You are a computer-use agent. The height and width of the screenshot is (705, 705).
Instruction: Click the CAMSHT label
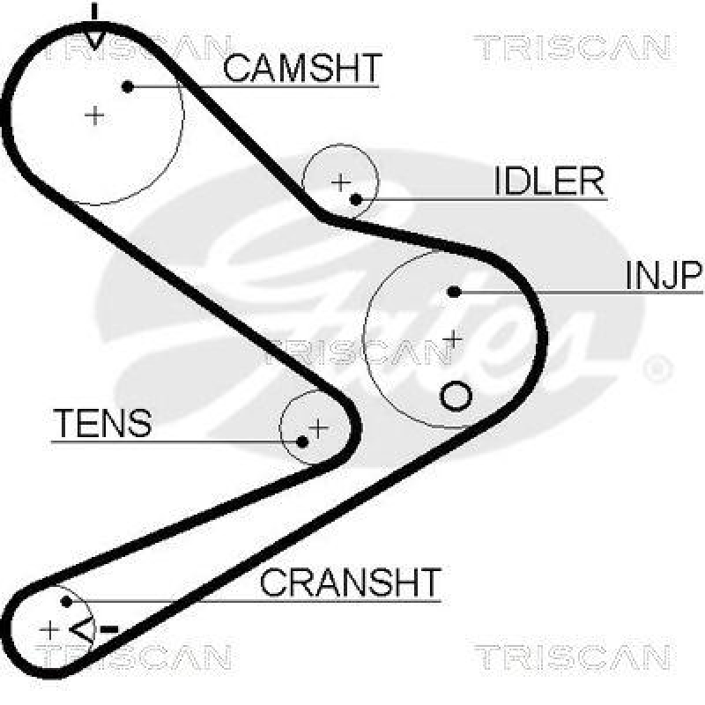[x=302, y=68]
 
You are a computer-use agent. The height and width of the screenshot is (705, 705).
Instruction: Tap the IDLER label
[x=548, y=182]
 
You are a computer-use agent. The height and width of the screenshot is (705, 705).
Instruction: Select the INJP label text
[x=663, y=276]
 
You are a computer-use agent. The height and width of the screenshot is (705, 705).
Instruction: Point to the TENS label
[x=102, y=423]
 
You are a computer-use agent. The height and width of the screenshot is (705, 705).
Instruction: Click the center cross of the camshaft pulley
[x=94, y=115]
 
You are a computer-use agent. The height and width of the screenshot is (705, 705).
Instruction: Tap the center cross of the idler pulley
[x=340, y=182]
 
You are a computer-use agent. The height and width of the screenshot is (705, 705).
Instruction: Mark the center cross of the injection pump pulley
[x=453, y=338]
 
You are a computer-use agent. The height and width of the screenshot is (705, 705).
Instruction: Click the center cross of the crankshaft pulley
[x=50, y=629]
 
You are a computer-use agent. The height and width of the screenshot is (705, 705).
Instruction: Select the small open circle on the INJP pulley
[x=456, y=396]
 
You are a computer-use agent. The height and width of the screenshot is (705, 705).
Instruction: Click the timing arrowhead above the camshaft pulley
[x=94, y=38]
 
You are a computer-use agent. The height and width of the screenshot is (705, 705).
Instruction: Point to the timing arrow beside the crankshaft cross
[x=82, y=629]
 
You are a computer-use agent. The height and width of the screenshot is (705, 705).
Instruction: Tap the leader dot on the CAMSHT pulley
[x=128, y=86]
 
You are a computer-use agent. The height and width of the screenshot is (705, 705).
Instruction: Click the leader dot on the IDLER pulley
[x=356, y=198]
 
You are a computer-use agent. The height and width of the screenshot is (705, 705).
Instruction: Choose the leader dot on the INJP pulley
[x=454, y=291]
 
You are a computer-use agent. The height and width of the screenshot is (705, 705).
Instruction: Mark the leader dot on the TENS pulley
[x=302, y=440]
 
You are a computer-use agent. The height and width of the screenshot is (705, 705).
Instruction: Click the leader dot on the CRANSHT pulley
[x=66, y=602]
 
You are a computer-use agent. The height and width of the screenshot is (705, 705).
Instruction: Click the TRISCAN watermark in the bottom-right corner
[x=572, y=657]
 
